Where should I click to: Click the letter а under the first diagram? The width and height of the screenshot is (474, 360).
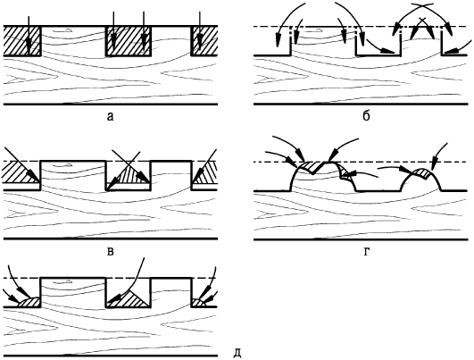click(x=111, y=116)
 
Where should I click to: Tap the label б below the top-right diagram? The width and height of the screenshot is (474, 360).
click(x=366, y=115)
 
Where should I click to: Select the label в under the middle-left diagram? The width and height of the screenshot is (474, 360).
click(x=111, y=251)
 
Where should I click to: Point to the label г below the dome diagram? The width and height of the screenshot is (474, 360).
click(x=367, y=252)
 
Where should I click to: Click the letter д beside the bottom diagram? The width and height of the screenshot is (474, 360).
click(x=238, y=354)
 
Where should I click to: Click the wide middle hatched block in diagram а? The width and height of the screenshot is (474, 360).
click(x=128, y=41)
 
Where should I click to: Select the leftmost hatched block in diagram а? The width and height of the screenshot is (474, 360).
click(x=22, y=41)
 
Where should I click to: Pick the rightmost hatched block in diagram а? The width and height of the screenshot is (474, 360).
click(x=204, y=41)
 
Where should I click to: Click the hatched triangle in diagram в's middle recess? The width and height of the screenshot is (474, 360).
click(x=133, y=175)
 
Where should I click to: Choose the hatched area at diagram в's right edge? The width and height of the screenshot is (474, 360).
click(x=205, y=174)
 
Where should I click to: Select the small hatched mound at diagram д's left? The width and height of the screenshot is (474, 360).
click(x=29, y=303)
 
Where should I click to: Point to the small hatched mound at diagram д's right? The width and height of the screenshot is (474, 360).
click(x=198, y=303)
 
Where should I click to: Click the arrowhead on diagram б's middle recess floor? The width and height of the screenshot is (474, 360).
click(x=387, y=51)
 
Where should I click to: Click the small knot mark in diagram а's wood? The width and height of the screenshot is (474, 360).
click(x=62, y=30)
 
